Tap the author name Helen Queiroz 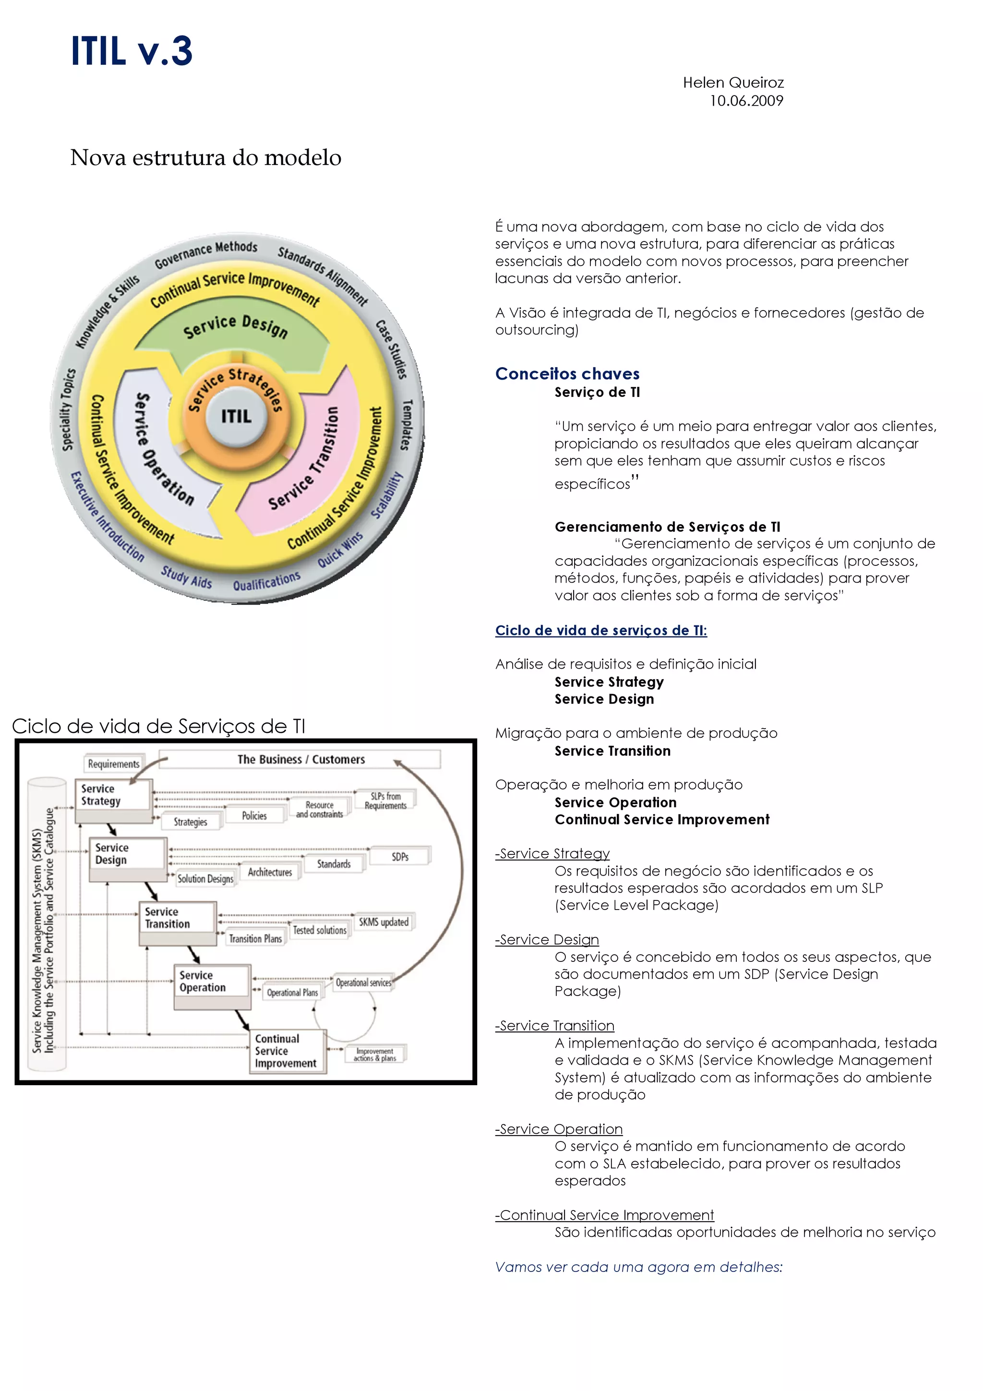733,83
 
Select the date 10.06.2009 746,101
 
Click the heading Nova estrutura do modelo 205,157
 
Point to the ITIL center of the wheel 236,416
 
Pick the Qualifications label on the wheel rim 266,581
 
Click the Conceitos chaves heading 567,373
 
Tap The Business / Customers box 301,759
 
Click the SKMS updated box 384,922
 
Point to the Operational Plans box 292,992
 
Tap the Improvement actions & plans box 375,1054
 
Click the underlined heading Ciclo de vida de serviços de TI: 601,630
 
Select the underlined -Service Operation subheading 558,1128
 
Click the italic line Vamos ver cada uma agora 638,1266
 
